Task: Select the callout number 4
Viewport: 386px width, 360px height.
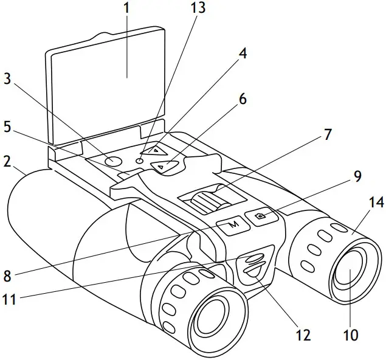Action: point(243,53)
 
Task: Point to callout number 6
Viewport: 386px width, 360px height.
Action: point(243,99)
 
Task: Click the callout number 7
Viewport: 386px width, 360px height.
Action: point(328,134)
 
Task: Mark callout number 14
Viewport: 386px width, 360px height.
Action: point(376,203)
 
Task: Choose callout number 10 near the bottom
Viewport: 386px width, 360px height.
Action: point(350,334)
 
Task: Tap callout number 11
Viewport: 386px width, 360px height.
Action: point(9,299)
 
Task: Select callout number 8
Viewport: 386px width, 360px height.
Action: point(7,275)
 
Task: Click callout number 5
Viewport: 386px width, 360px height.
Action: point(7,128)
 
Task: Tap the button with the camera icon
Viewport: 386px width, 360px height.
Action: point(262,216)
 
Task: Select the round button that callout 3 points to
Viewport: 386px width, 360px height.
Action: point(112,161)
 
